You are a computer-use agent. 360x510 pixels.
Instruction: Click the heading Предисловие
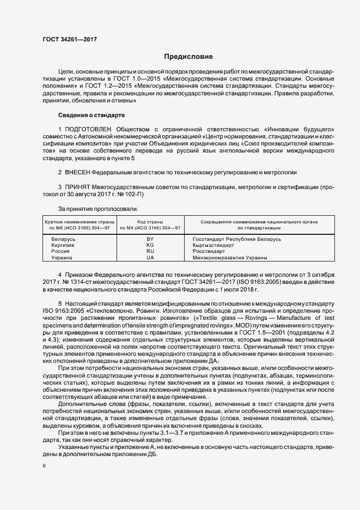188,57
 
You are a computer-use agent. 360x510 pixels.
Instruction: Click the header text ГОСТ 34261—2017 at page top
70,39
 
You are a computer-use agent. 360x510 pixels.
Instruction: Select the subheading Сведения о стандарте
91,115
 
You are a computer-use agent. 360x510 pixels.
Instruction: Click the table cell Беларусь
63,239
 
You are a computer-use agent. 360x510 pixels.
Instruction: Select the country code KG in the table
150,245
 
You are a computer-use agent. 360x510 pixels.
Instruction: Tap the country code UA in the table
150,257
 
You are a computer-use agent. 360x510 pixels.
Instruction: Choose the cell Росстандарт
210,251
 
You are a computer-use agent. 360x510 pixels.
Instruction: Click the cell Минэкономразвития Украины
229,257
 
